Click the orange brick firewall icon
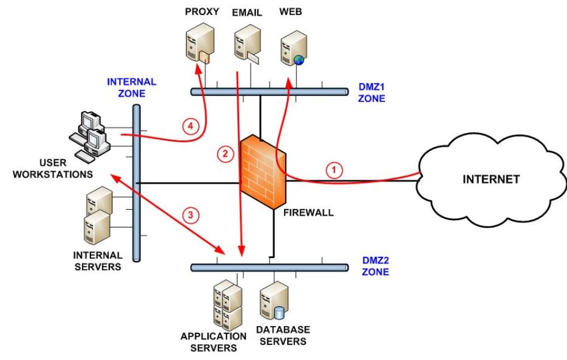pos(263,172)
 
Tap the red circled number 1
pos(334,170)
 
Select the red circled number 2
pos(225,154)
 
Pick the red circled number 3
pos(191,215)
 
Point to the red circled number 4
pos(191,126)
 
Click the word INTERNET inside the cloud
pos(491,179)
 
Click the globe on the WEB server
pos(298,60)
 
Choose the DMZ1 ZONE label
pos(371,93)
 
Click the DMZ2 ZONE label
pos(375,266)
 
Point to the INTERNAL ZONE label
pos(131,88)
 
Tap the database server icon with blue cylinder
pos(274,301)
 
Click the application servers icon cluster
pos(228,305)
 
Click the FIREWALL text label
pos(308,213)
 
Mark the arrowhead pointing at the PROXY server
pos(198,68)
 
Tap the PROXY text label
pos(202,12)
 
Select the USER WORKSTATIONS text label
pos(53,168)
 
